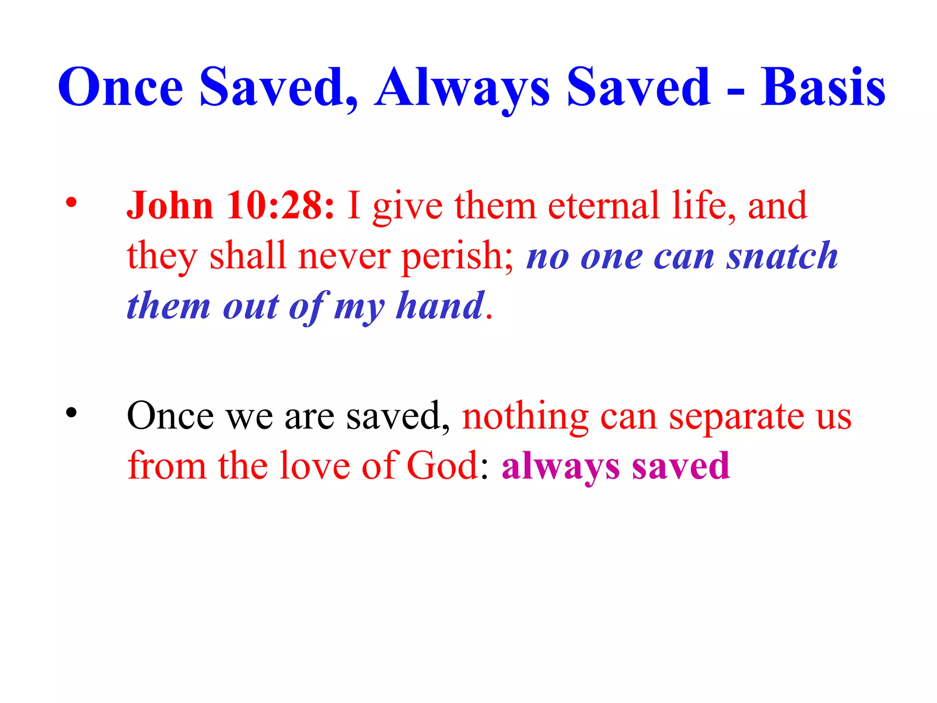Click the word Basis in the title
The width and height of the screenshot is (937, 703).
coord(823,87)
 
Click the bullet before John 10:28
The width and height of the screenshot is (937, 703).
coord(71,202)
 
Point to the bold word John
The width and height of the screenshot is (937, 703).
coord(170,205)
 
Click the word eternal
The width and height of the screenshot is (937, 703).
coord(604,205)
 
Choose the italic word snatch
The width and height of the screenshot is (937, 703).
coord(782,256)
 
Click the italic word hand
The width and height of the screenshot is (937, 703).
coord(440,305)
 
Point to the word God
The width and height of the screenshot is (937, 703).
coord(442,466)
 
